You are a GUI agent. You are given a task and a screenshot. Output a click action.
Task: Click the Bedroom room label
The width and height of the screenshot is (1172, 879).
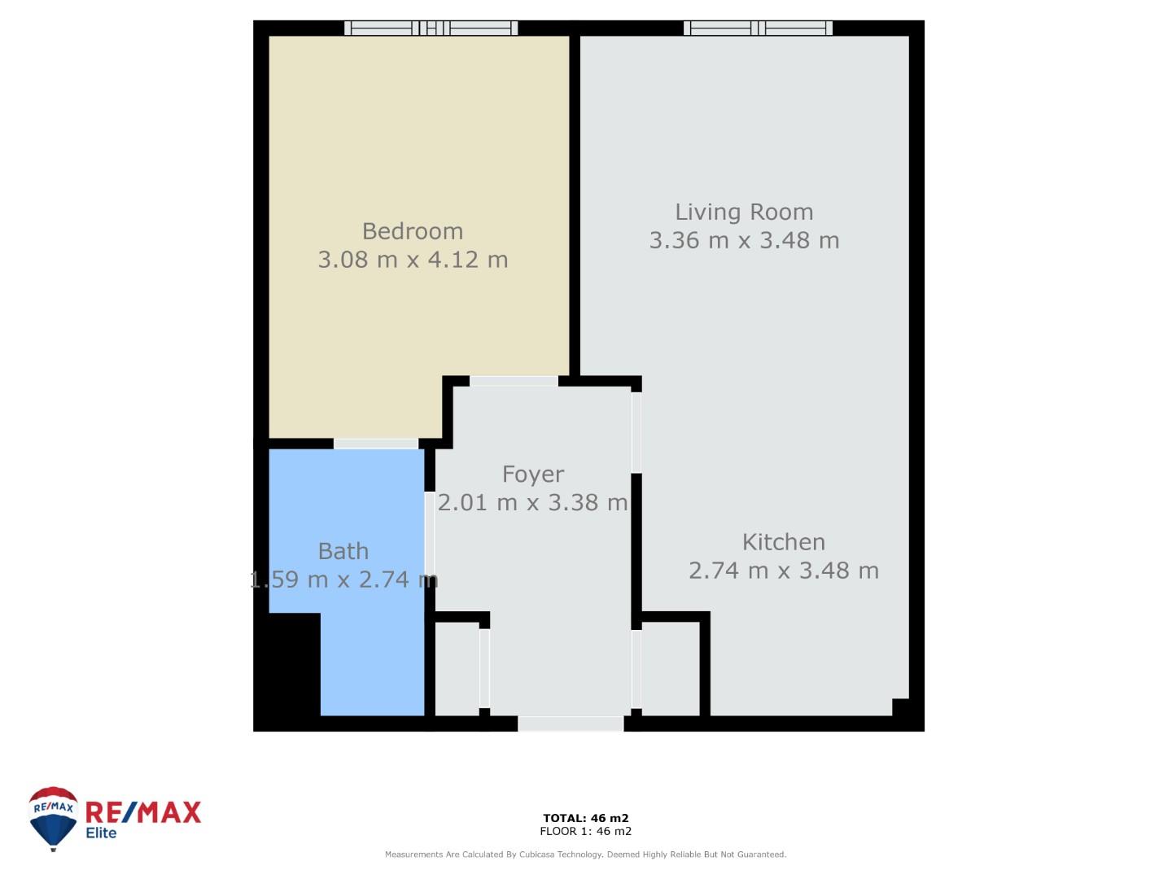(412, 231)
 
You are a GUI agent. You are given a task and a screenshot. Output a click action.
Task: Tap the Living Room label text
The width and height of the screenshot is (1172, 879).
(744, 212)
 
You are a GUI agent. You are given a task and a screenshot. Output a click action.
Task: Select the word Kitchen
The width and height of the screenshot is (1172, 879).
(783, 542)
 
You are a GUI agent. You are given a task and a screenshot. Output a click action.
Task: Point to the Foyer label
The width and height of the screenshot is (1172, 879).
(533, 474)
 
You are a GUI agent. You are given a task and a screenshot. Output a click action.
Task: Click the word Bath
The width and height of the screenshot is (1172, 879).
(343, 551)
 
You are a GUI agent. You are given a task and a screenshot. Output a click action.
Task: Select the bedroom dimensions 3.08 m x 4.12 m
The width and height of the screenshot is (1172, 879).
(413, 260)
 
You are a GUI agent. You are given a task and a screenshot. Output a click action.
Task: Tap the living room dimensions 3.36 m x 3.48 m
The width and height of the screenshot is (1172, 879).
(744, 240)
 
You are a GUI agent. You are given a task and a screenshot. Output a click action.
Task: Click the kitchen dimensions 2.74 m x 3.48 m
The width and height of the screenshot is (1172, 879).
(783, 571)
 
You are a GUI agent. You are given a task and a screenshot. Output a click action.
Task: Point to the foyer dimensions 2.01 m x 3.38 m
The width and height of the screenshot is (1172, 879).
(532, 502)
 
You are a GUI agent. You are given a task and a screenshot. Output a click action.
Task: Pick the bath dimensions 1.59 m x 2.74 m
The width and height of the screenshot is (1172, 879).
(343, 579)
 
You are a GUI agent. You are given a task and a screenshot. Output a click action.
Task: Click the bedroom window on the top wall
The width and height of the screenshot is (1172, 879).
(431, 28)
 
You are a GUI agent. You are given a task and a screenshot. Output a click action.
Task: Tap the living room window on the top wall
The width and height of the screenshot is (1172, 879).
(758, 28)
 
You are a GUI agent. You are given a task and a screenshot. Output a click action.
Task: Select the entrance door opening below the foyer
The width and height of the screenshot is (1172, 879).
(571, 724)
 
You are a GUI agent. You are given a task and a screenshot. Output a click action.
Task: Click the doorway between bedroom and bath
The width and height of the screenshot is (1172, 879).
(375, 444)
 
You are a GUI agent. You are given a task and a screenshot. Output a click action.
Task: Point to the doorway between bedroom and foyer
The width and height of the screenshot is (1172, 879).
(514, 381)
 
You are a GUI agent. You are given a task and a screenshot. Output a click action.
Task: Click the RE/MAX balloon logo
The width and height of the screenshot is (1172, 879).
(53, 818)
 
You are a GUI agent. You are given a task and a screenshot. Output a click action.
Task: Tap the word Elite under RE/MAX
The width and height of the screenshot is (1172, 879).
(101, 833)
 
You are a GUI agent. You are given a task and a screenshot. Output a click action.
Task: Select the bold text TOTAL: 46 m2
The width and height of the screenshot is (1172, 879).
(586, 818)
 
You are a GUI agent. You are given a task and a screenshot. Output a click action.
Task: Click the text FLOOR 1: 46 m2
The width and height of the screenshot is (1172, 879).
(586, 831)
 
